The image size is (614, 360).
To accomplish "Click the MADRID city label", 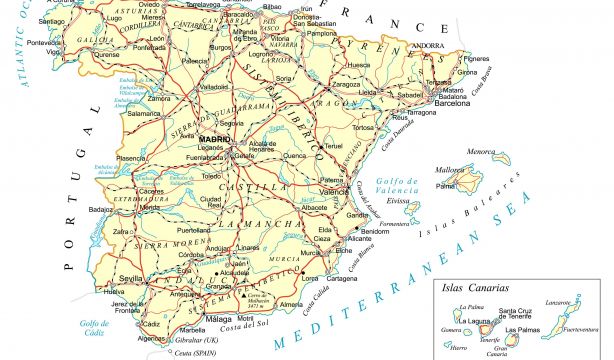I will [x=216, y=138].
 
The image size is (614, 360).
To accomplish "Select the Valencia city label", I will [x=333, y=190].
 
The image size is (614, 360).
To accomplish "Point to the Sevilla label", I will [x=129, y=277].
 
